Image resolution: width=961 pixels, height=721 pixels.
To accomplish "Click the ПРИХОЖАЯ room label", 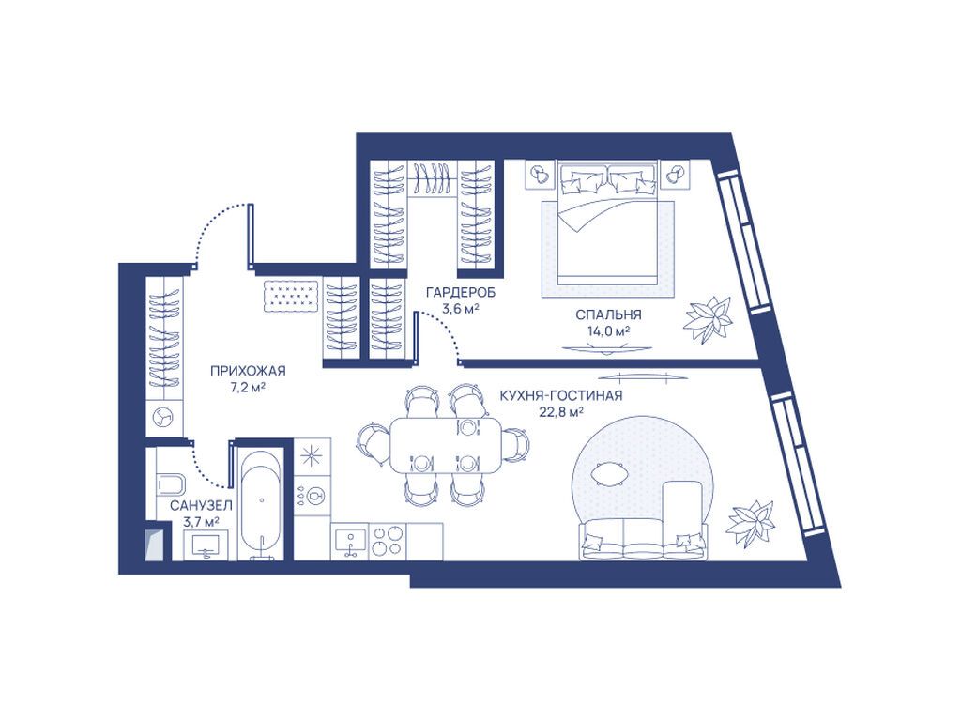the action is point(248,371).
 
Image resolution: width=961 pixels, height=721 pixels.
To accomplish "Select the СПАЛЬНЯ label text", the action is point(608,315).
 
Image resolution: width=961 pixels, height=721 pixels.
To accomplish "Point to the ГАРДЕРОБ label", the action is point(461,293).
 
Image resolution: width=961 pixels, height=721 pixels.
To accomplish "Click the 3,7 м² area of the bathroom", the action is point(201,522).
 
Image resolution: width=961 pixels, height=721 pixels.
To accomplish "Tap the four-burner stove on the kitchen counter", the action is point(388,541).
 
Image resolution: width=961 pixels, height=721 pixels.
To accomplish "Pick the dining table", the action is point(446,444).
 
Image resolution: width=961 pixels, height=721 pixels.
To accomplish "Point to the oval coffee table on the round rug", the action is point(609,474).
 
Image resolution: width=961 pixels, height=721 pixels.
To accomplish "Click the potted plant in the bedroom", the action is point(709,319).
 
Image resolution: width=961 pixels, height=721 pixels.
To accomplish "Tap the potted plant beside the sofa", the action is point(752,524).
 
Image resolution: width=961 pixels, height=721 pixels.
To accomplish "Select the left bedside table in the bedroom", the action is point(540,176).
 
